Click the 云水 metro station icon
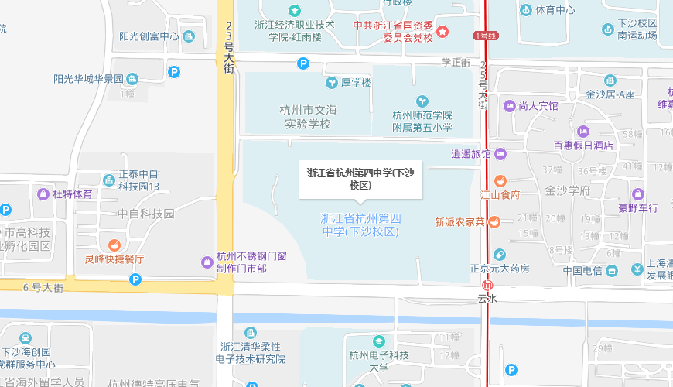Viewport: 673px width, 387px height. pyautogui.click(x=487, y=285)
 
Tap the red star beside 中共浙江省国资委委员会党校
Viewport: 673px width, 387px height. pyautogui.click(x=442, y=32)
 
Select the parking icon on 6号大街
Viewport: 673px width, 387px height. pyautogui.click(x=136, y=279)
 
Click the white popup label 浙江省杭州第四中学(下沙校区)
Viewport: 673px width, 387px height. pyautogui.click(x=360, y=179)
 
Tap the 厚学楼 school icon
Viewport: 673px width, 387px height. pyautogui.click(x=331, y=82)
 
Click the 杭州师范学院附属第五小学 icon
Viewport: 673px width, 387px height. pyautogui.click(x=422, y=101)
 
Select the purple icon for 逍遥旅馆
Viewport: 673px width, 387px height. pyautogui.click(x=500, y=153)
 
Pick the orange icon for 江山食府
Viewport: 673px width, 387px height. pyautogui.click(x=500, y=181)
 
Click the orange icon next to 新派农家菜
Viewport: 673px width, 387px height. pyautogui.click(x=494, y=222)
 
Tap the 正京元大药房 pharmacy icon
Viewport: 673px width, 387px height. pyautogui.click(x=500, y=255)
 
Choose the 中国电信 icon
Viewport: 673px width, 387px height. pyautogui.click(x=612, y=271)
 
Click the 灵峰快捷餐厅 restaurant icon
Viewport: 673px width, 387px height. pyautogui.click(x=115, y=245)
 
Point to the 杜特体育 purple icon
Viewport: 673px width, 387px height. pyautogui.click(x=44, y=193)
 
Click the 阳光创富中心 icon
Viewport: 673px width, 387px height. pyautogui.click(x=188, y=36)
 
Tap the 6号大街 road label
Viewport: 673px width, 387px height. pyautogui.click(x=42, y=288)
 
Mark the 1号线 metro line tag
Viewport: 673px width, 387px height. pyautogui.click(x=484, y=36)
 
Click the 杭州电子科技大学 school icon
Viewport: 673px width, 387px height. pyautogui.click(x=378, y=341)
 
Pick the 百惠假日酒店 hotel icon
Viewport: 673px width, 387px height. pyautogui.click(x=582, y=131)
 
